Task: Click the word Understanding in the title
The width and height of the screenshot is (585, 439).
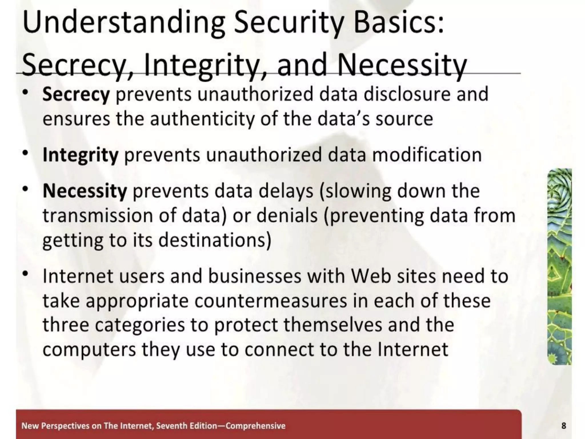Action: [x=123, y=23]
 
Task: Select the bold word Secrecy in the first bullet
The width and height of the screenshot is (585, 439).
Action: [x=76, y=95]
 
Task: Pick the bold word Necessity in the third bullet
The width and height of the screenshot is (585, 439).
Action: [x=85, y=191]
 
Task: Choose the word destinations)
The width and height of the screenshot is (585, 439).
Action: [x=215, y=240]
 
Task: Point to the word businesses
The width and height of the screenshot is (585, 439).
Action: [x=255, y=276]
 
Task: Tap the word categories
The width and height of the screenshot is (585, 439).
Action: [x=140, y=325]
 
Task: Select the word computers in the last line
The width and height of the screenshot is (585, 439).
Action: [x=89, y=350]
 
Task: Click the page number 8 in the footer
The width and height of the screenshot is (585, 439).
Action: [x=564, y=426]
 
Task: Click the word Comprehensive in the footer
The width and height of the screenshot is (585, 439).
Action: [x=255, y=426]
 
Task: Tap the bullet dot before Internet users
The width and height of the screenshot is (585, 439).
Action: [x=26, y=274]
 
